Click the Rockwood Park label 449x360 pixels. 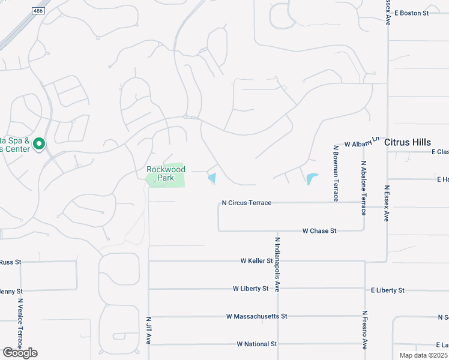[x=166, y=173]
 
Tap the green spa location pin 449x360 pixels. [x=39, y=144]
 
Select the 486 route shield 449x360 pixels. [x=39, y=11]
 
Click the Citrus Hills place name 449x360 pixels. [x=408, y=142]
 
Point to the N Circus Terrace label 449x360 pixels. [x=246, y=203]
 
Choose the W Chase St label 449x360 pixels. [x=319, y=230]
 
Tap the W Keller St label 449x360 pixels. [x=256, y=261]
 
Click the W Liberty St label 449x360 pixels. [x=250, y=289]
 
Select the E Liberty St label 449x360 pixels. [x=387, y=290]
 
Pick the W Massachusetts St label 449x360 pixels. [x=257, y=316]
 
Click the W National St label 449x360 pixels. [x=256, y=344]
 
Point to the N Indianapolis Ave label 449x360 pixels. [x=278, y=265]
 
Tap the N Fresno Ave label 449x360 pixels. [x=364, y=329]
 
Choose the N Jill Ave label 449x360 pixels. [x=148, y=331]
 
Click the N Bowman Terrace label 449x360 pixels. [x=336, y=173]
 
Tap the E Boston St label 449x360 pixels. [x=411, y=13]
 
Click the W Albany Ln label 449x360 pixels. [x=363, y=143]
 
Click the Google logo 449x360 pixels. [x=20, y=353]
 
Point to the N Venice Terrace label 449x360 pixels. [x=20, y=324]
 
